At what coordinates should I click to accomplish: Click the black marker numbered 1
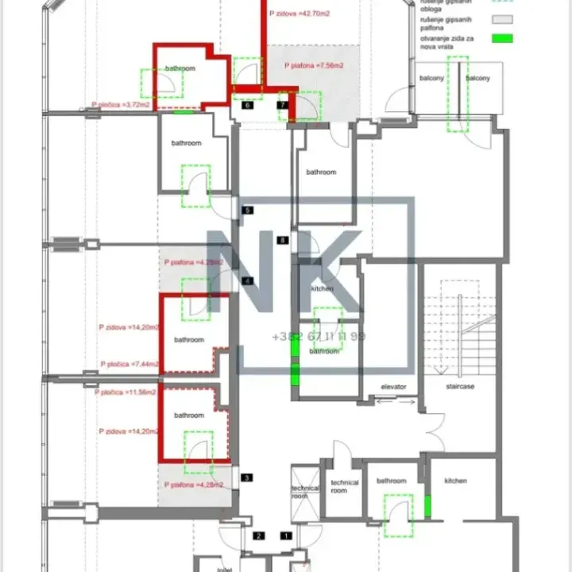pyautogui.click(x=286, y=536)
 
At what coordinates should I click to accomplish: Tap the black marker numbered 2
pyautogui.click(x=258, y=536)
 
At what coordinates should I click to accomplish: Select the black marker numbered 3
pyautogui.click(x=247, y=477)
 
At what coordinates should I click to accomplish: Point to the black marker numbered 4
pyautogui.click(x=248, y=281)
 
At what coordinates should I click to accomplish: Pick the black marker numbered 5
pyautogui.click(x=248, y=211)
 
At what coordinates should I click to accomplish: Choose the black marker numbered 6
pyautogui.click(x=248, y=105)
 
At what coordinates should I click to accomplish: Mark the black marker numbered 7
pyautogui.click(x=283, y=105)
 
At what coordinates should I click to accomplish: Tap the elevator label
pyautogui.click(x=393, y=387)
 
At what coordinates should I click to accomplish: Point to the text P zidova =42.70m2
pyautogui.click(x=300, y=14)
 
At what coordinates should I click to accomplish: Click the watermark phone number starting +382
pyautogui.click(x=319, y=336)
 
